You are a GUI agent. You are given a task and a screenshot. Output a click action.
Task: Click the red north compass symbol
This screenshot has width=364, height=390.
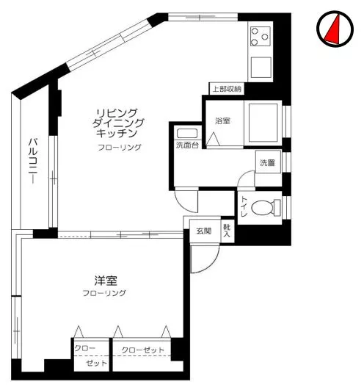pos(334,30)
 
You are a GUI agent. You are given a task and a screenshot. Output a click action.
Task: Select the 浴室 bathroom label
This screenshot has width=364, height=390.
pos(222,120)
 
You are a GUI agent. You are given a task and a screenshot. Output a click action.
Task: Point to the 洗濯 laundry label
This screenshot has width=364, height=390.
pos(266,163)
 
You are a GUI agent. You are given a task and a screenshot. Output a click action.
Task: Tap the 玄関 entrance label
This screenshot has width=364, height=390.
pos(203,232)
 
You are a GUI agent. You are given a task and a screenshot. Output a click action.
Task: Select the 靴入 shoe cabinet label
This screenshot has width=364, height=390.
pos(227,231)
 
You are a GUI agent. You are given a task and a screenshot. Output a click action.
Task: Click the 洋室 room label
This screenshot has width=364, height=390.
pos(105,281)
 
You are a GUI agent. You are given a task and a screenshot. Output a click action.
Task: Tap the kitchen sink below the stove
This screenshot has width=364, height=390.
pos(261,68)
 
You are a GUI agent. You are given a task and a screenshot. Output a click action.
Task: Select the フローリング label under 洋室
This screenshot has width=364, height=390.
pos(104,294)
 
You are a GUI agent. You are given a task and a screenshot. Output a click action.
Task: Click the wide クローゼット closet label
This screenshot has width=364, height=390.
pos(143,350)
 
